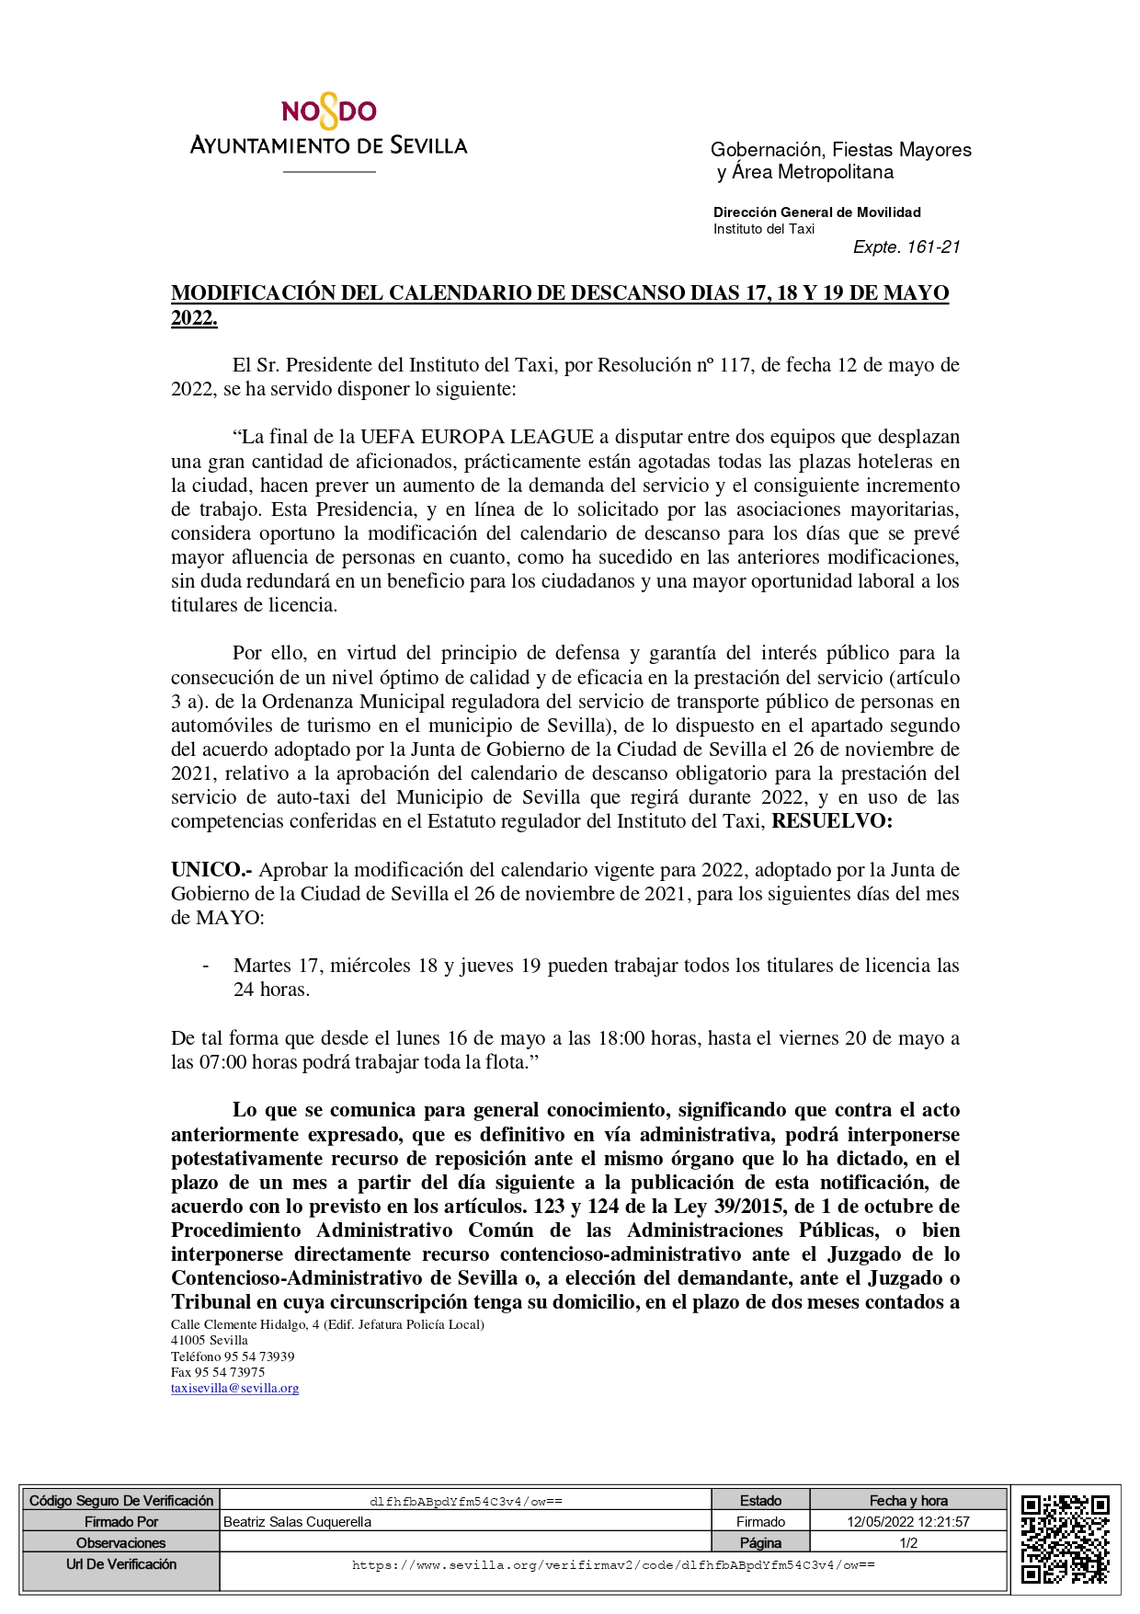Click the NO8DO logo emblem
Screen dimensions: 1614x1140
click(328, 113)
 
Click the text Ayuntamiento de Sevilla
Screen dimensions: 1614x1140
click(328, 145)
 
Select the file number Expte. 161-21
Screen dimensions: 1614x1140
click(906, 246)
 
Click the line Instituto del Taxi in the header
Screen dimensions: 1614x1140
click(763, 229)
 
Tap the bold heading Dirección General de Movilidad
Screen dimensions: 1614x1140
click(816, 212)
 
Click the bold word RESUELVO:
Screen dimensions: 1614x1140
click(831, 821)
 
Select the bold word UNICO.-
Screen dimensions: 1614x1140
click(211, 870)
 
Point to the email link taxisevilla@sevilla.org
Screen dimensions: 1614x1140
click(234, 1389)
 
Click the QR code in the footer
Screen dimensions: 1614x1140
click(1065, 1539)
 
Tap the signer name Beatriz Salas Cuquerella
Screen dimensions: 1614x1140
click(297, 1522)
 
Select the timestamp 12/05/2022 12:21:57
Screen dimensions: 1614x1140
click(907, 1522)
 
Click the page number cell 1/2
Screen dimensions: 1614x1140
click(907, 1543)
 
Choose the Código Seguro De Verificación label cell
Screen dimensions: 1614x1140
click(120, 1501)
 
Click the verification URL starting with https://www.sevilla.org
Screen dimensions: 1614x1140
click(612, 1565)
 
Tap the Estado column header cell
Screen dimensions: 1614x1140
click(760, 1501)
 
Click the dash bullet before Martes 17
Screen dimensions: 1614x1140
click(206, 966)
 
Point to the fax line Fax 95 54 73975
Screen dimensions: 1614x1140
click(218, 1372)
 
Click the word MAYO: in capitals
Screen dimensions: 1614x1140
click(230, 918)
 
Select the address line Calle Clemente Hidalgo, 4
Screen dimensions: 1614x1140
click(326, 1324)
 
